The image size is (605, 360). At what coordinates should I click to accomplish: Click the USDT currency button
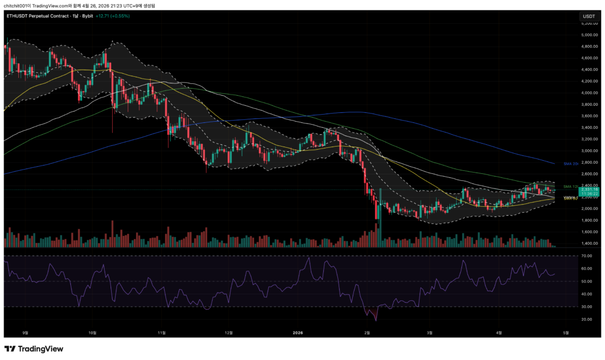(588, 17)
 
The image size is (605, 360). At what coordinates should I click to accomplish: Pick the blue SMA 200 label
(570, 163)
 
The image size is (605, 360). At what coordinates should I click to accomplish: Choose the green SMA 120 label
(570, 186)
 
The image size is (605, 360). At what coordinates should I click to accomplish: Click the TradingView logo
(34, 349)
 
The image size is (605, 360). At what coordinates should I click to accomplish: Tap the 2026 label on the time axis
(298, 332)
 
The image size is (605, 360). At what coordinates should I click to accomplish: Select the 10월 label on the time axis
(92, 332)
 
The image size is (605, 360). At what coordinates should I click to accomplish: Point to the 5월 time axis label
(565, 332)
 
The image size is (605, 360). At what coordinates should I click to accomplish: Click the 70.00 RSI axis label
(586, 256)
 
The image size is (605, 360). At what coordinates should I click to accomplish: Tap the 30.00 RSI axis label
(586, 307)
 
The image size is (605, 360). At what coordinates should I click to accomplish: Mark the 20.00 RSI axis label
(586, 319)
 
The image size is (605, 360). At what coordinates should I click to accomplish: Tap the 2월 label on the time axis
(367, 332)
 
